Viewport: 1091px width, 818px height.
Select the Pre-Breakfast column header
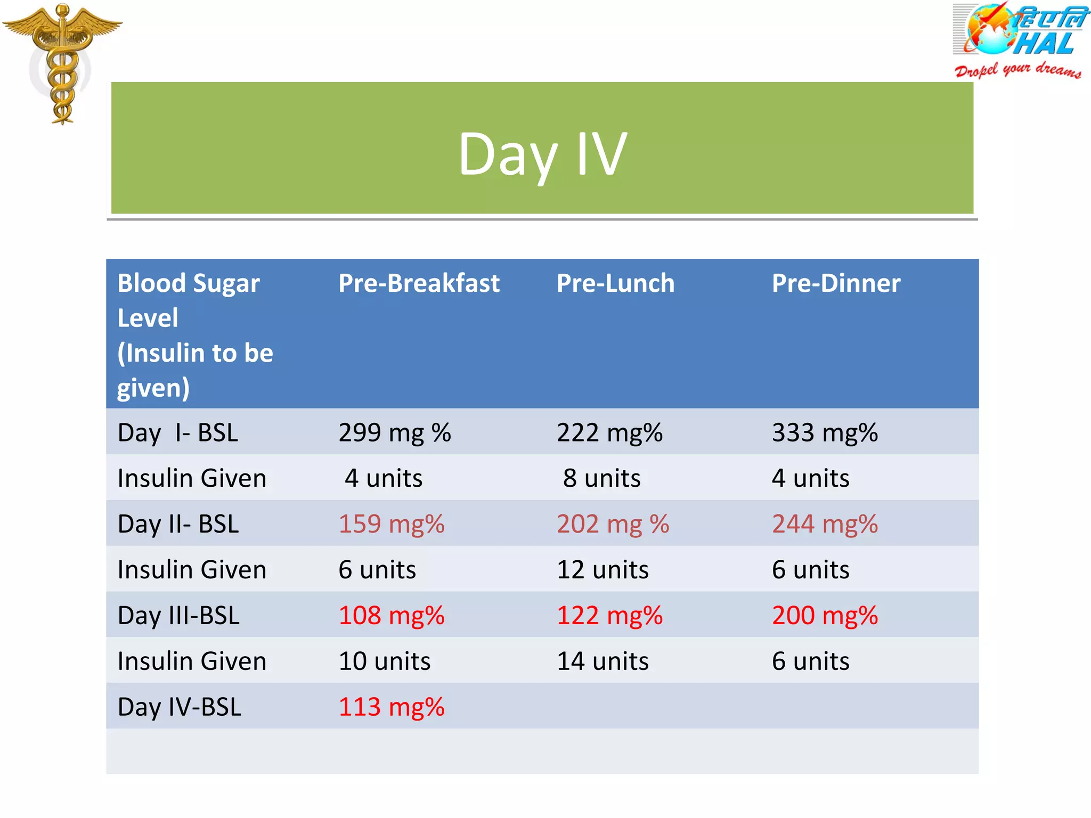point(419,283)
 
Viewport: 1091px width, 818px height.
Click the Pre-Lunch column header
point(615,283)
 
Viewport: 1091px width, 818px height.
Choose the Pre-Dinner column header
point(836,283)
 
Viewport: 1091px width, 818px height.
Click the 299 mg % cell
point(395,432)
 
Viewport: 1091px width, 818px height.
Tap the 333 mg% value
point(825,432)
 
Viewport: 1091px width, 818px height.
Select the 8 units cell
point(602,478)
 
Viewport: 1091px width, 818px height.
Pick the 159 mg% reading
point(392,524)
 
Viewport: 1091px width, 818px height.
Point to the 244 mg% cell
point(825,524)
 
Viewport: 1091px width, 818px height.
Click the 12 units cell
point(603,570)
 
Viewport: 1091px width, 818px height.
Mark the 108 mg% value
point(392,616)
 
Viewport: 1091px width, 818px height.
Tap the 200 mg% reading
point(825,616)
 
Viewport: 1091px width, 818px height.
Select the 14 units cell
point(603,661)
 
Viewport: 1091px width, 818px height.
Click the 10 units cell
point(385,661)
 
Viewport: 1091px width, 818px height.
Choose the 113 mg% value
point(392,707)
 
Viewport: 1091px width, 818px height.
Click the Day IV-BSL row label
point(180,707)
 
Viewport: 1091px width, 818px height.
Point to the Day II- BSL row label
point(178,524)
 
